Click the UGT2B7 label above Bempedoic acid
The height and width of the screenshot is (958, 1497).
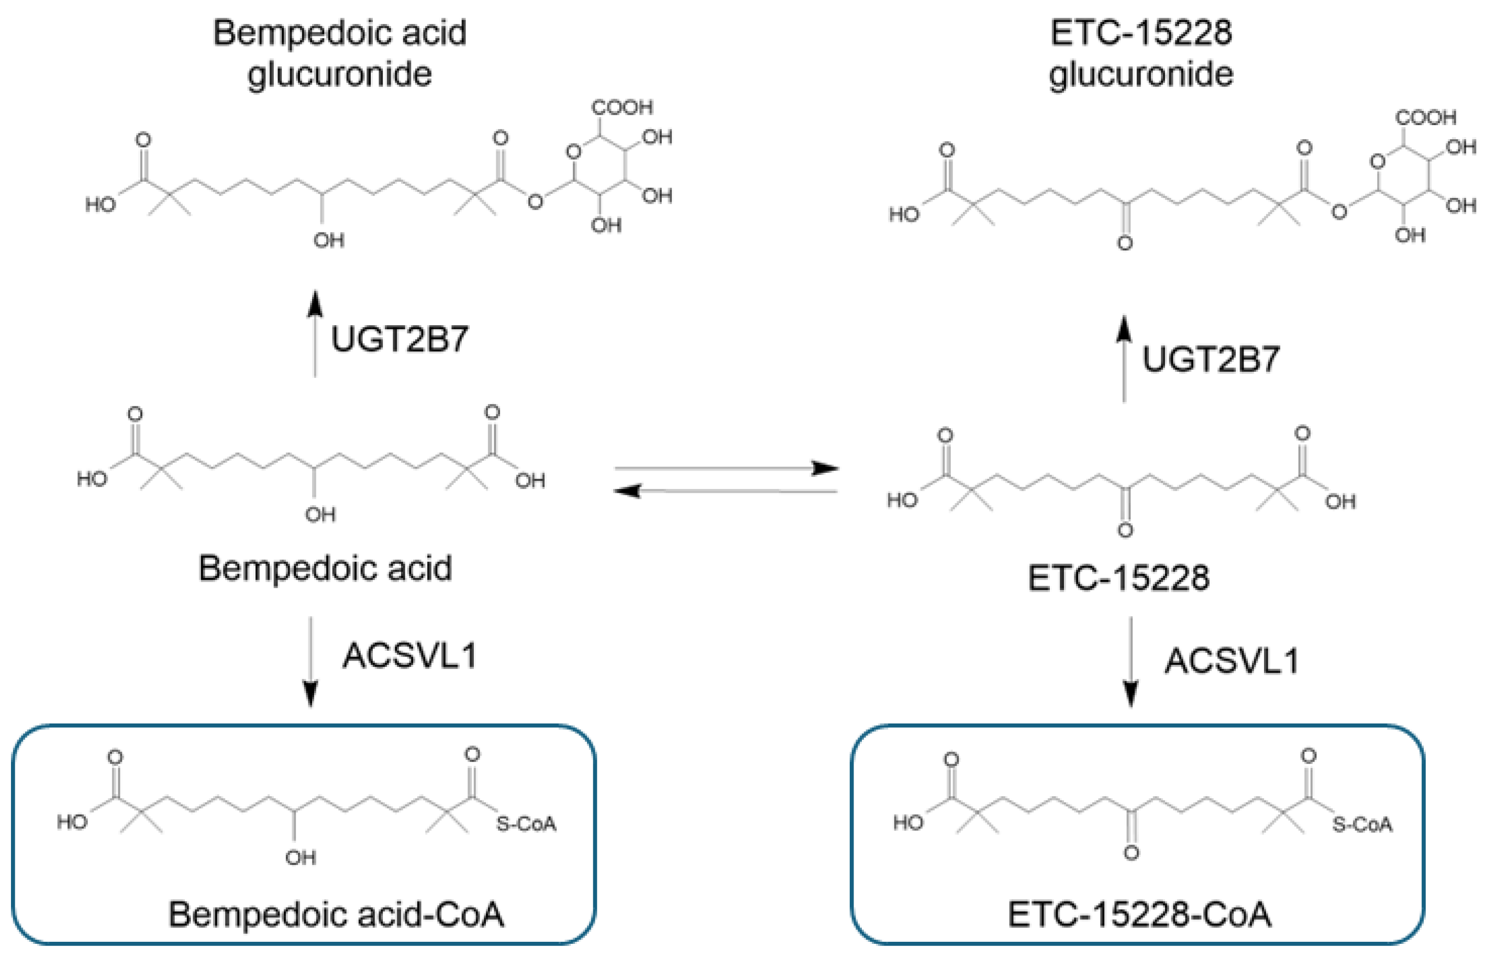coord(400,340)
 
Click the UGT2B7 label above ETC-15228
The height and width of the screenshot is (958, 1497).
coord(1211,360)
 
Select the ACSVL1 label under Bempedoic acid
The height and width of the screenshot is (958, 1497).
coord(410,655)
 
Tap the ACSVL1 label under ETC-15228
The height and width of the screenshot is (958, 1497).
coord(1232,661)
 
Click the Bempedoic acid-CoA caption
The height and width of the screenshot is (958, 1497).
coord(336,915)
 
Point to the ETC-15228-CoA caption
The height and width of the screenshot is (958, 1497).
coord(1139,915)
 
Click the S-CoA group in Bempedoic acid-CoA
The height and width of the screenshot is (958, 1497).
coord(526,825)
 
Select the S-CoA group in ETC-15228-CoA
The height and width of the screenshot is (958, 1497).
coord(1362,825)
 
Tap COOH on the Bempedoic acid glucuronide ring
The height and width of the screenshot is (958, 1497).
coord(622,108)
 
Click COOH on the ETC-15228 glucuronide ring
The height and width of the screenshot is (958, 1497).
coord(1425,118)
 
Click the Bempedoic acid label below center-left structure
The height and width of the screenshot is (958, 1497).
coord(325,569)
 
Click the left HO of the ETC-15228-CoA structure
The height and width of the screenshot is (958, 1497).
coord(908,823)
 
